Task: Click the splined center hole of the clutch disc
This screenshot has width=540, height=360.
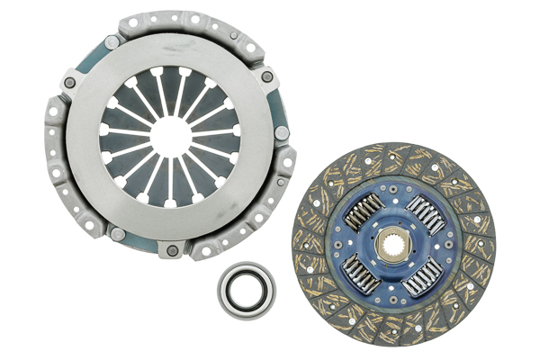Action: pos(393,244)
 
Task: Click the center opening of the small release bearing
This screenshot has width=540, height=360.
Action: pos(246,290)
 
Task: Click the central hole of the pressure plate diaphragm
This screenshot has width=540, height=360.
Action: pos(171,136)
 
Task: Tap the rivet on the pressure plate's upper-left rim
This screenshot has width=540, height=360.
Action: pos(70,84)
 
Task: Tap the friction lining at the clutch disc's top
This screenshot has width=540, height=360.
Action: pos(393,157)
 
